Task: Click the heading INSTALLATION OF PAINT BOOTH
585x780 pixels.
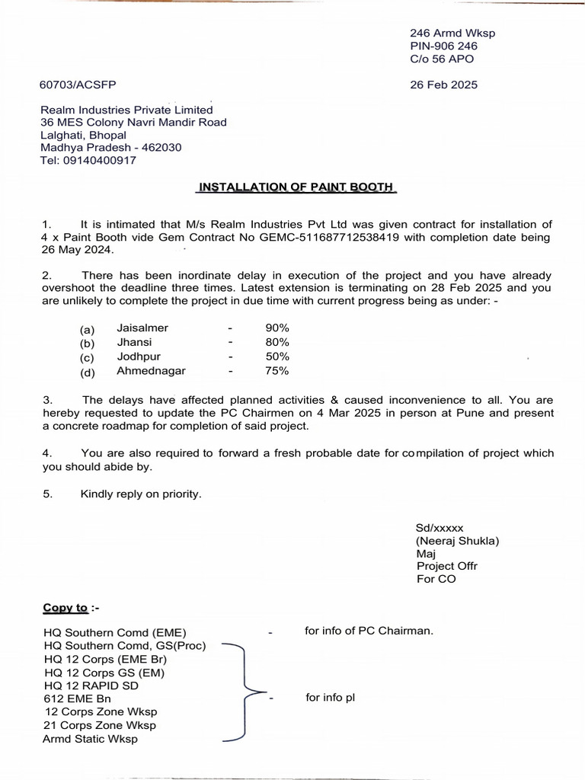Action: (297, 187)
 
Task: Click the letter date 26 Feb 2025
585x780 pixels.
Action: (443, 85)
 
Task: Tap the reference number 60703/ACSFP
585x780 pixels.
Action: (78, 85)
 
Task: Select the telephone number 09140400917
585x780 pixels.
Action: (102, 161)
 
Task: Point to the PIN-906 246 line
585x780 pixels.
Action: (443, 46)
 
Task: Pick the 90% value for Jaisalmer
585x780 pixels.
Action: (277, 328)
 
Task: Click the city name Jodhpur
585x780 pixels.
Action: (139, 356)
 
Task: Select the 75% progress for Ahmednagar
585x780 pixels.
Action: (277, 371)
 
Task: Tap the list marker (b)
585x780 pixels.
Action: (88, 343)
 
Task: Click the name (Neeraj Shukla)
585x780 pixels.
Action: (456, 541)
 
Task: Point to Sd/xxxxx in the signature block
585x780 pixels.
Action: (440, 527)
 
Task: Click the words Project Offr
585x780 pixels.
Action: (447, 566)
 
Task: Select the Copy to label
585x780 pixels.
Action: (66, 607)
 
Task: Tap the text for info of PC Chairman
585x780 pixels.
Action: (369, 631)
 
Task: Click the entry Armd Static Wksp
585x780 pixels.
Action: (91, 739)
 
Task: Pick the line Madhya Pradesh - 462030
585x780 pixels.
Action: (110, 147)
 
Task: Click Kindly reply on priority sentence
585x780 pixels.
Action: (141, 494)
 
